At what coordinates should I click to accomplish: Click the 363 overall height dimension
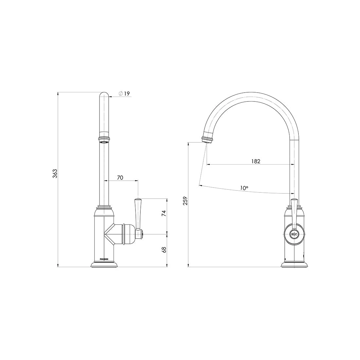coord(55,174)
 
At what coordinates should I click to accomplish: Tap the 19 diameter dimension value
coord(127,94)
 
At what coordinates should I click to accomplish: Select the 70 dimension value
coord(120,177)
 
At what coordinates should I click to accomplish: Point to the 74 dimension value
coord(164,213)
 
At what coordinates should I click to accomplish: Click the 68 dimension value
coord(164,250)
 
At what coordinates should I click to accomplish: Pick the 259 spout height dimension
coord(186,201)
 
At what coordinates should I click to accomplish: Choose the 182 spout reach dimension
coord(256,161)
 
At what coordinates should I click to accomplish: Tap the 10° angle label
coord(244,188)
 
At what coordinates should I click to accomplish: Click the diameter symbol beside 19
coord(120,94)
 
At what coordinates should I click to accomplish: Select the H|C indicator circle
coord(294,234)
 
